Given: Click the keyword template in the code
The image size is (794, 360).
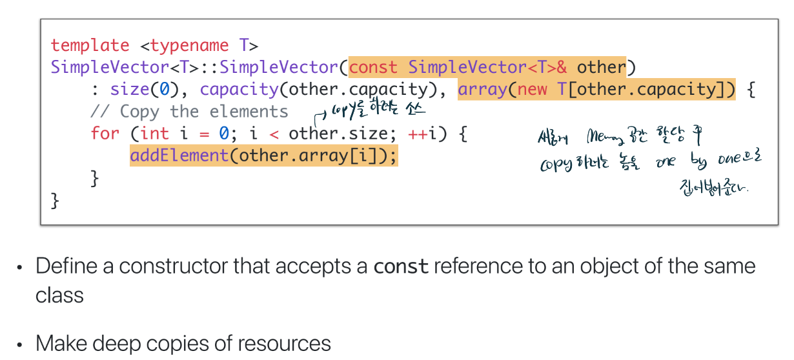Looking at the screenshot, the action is pyautogui.click(x=90, y=45).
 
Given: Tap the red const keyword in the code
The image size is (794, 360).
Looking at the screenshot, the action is pyautogui.click(x=373, y=67).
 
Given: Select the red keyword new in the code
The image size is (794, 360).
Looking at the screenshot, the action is pyautogui.click(x=533, y=89).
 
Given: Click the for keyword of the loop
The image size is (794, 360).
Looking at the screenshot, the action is pyautogui.click(x=105, y=134).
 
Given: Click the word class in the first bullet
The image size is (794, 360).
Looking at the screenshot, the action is pyautogui.click(x=59, y=295).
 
